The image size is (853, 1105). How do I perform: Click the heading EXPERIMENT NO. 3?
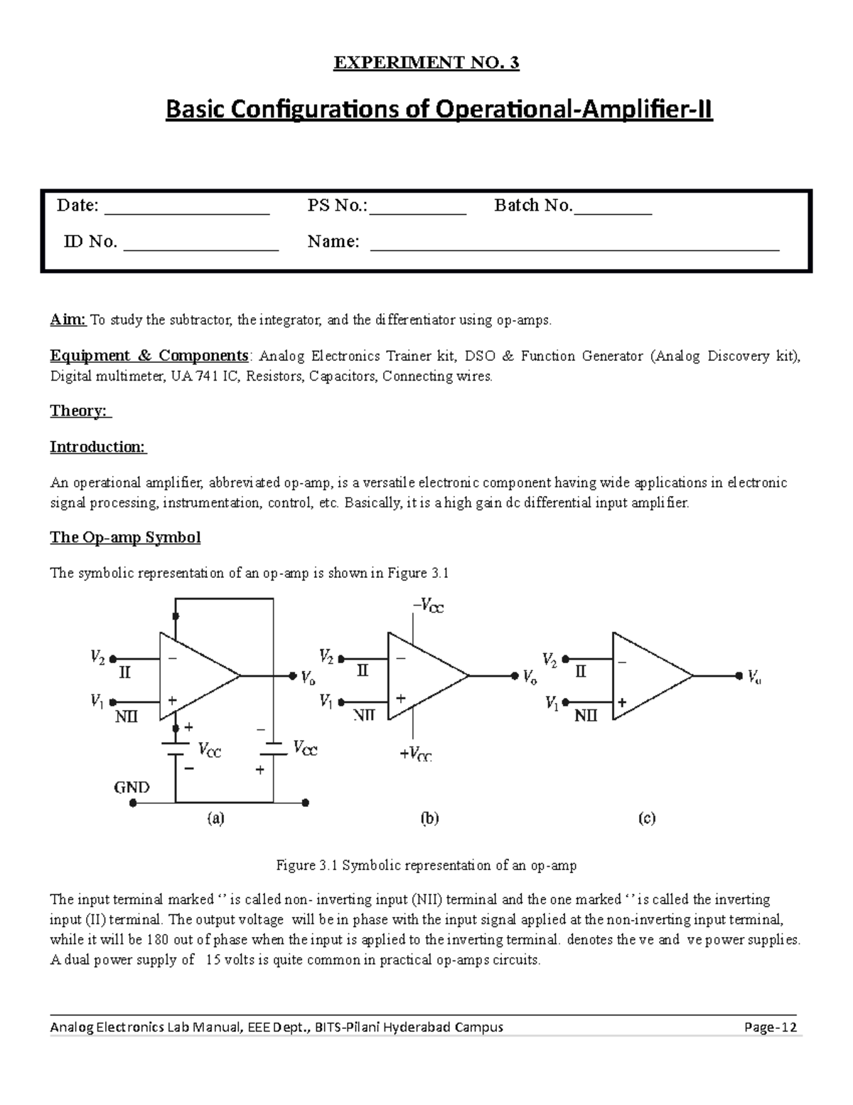(426, 63)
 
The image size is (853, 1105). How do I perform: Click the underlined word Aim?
(68, 319)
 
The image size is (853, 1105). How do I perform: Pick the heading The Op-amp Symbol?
(125, 537)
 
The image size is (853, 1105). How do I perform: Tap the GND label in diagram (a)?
(132, 787)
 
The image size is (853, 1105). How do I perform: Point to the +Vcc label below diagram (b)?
(415, 756)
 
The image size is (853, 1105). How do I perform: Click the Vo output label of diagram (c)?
(754, 677)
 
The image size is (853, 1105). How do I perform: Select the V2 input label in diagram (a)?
(98, 658)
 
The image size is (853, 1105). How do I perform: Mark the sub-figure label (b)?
(429, 819)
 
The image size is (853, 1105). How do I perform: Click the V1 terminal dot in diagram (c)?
(565, 702)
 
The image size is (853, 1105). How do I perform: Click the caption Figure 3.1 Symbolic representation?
(426, 865)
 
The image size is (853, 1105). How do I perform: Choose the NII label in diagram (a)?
(127, 717)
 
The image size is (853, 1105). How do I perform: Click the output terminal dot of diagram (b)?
(514, 676)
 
